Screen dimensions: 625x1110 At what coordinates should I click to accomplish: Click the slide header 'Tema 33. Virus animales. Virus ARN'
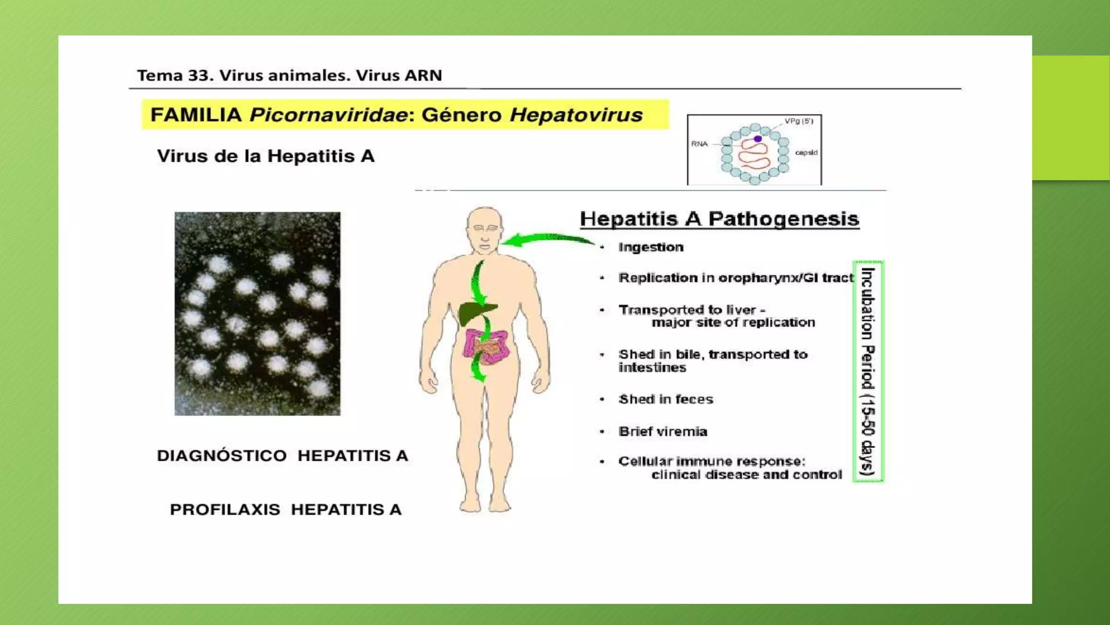(x=289, y=75)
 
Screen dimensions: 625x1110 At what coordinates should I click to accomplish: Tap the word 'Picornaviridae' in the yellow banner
(x=328, y=115)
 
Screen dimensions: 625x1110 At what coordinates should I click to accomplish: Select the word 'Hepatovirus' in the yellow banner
(x=576, y=115)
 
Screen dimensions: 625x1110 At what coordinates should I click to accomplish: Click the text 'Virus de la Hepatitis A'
(x=266, y=156)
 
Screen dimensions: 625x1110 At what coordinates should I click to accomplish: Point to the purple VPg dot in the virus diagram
(x=758, y=139)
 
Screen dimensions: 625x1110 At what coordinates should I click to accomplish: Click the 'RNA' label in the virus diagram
(x=699, y=144)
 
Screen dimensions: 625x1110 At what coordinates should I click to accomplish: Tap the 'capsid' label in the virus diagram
(x=806, y=152)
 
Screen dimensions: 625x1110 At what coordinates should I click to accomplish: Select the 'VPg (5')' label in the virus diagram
(x=798, y=121)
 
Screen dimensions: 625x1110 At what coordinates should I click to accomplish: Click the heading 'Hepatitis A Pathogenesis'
(x=719, y=219)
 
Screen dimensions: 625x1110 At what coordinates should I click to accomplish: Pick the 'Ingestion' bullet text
(x=651, y=247)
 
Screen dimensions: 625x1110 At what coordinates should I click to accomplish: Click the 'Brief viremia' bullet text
(x=663, y=432)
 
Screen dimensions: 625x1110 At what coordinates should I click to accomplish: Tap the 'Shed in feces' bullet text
(x=666, y=399)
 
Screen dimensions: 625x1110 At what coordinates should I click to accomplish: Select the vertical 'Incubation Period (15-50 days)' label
(x=868, y=372)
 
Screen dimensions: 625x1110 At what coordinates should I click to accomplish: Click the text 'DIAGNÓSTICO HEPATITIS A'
(x=282, y=456)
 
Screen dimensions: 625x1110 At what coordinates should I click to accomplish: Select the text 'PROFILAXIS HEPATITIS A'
(x=286, y=510)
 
